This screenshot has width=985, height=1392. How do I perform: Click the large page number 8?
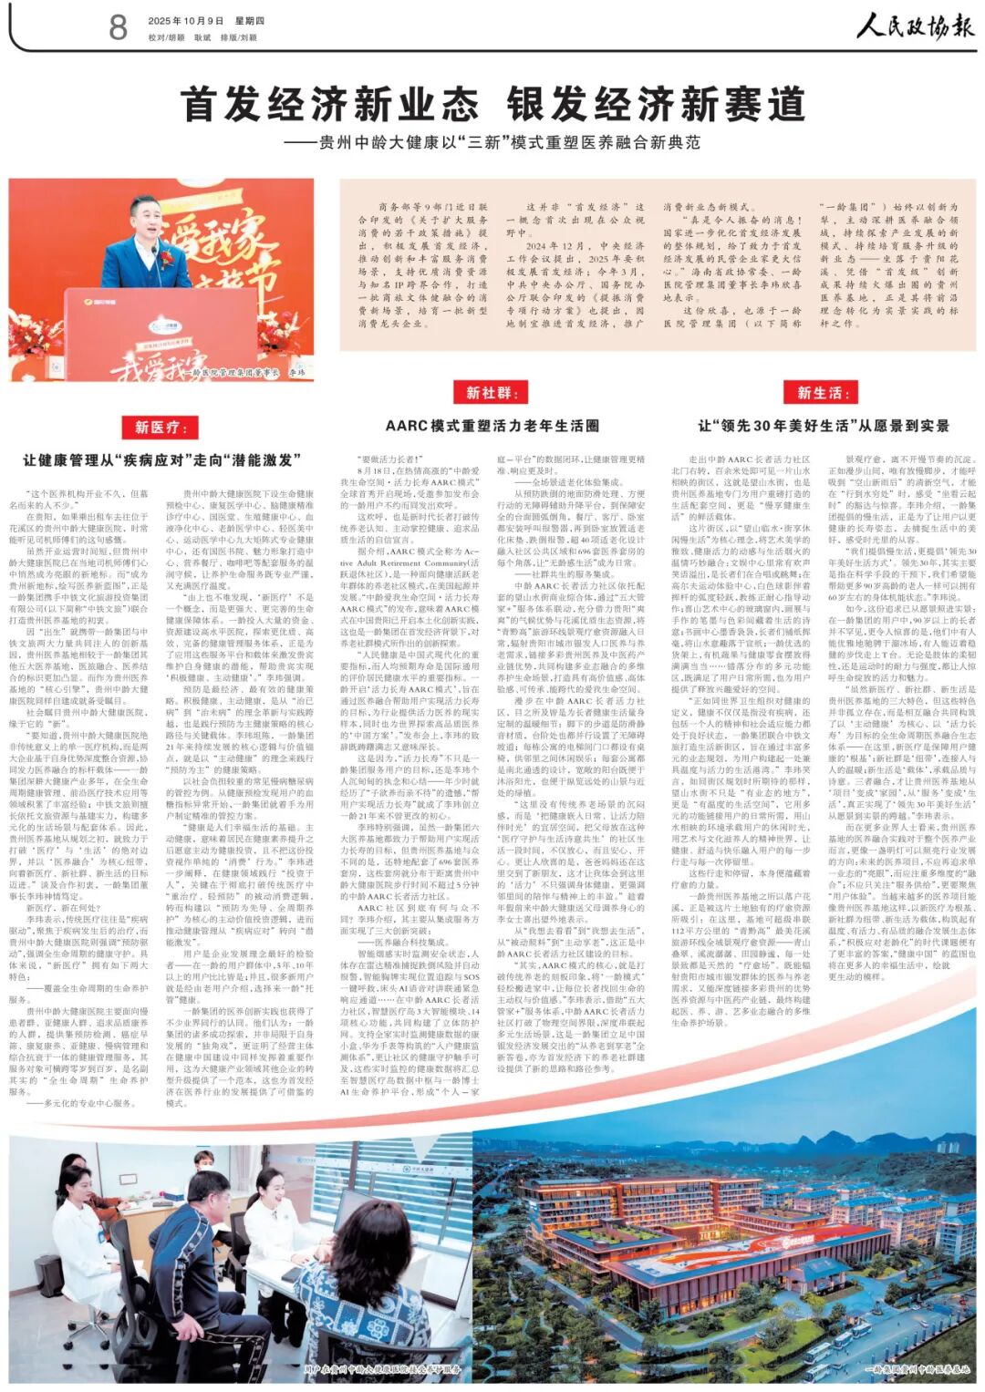(118, 26)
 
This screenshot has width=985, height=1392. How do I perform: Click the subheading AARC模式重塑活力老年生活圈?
(492, 426)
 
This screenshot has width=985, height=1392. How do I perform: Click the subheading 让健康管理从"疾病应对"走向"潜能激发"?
(161, 460)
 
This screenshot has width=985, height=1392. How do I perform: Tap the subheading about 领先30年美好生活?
(824, 426)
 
